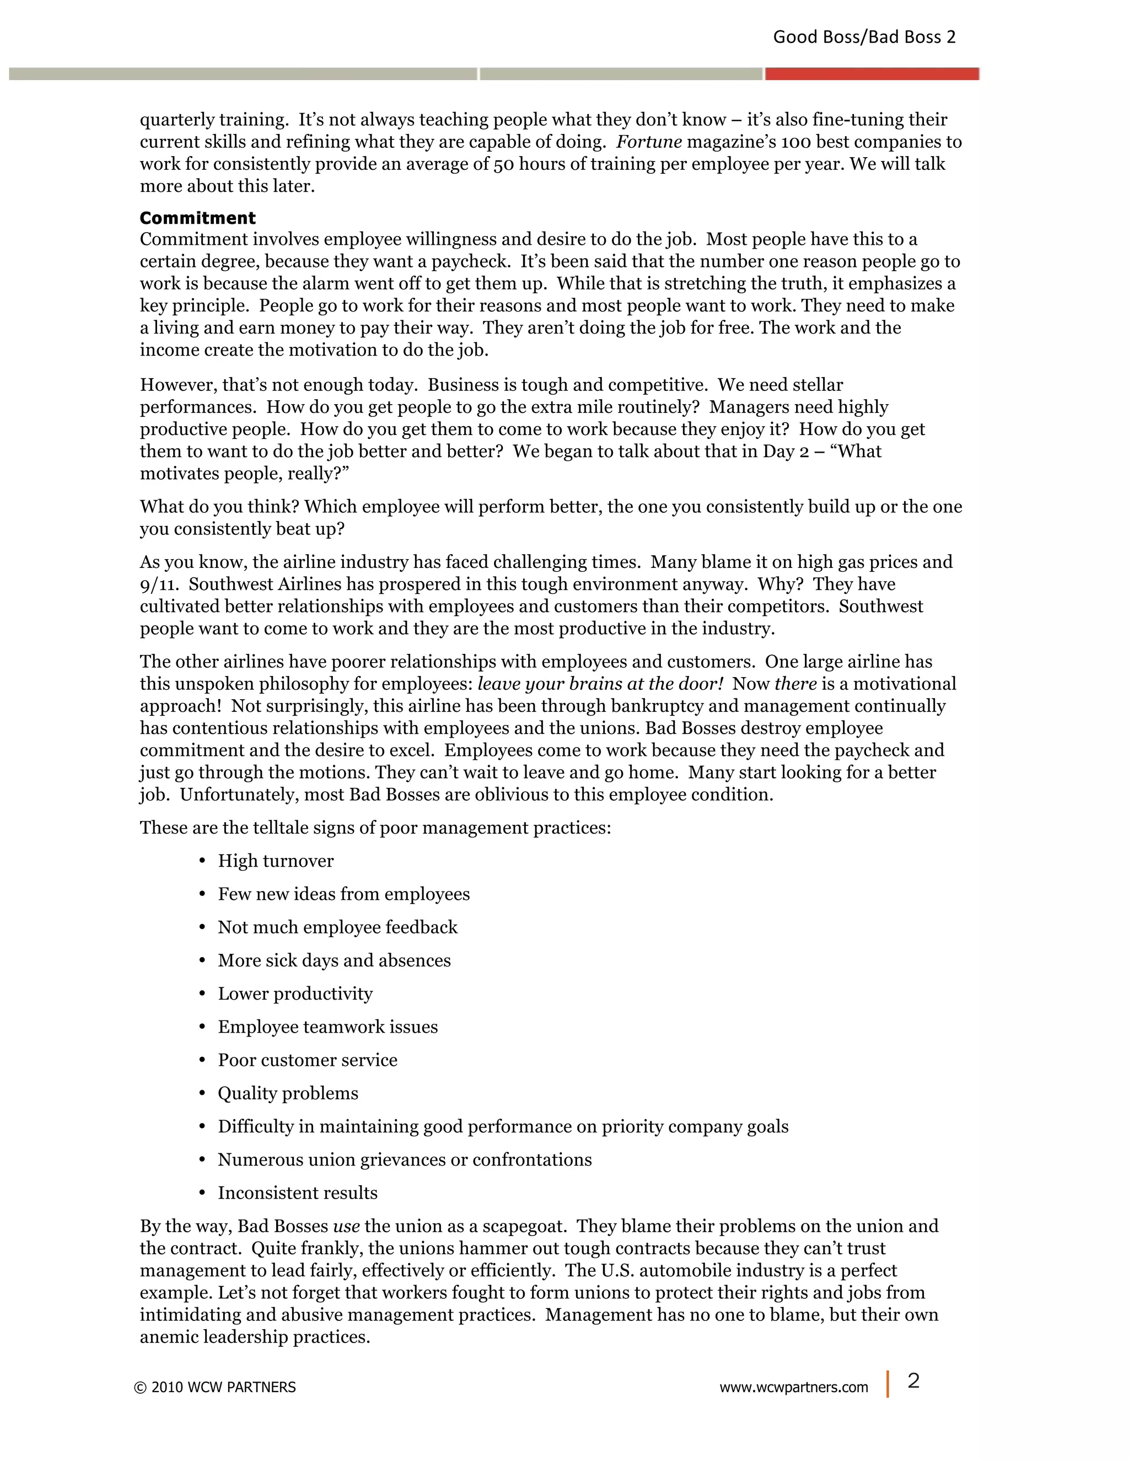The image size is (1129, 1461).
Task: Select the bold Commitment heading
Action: click(x=197, y=218)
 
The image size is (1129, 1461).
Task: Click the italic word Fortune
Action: click(x=649, y=142)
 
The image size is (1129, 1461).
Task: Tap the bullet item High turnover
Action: click(x=276, y=861)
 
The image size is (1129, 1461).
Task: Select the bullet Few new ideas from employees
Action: click(x=344, y=894)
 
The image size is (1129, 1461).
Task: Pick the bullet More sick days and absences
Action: click(x=334, y=960)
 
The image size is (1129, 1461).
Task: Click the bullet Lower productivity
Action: click(x=295, y=994)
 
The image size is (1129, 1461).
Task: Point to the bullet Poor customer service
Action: click(x=307, y=1060)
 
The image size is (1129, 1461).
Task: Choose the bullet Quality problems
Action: click(x=288, y=1094)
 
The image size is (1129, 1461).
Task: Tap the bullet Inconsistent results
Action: click(x=297, y=1194)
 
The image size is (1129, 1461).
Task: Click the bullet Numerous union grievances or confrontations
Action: click(x=405, y=1160)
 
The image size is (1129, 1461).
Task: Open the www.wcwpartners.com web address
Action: click(x=793, y=1388)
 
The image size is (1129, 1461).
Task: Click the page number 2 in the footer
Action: click(x=913, y=1381)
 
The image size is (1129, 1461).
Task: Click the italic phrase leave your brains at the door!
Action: click(x=600, y=684)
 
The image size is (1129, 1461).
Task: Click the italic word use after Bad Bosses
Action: click(x=346, y=1226)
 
